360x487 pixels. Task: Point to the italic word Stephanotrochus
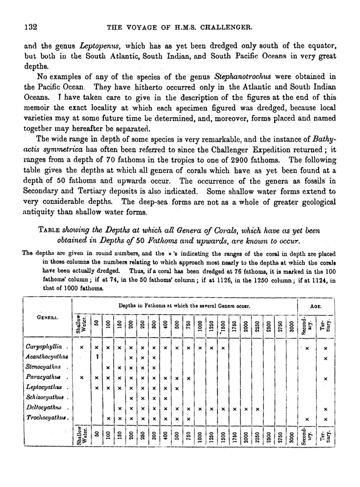243,76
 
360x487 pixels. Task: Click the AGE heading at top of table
320,307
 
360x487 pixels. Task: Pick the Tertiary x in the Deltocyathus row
326,409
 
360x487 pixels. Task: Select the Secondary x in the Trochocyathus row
307,419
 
